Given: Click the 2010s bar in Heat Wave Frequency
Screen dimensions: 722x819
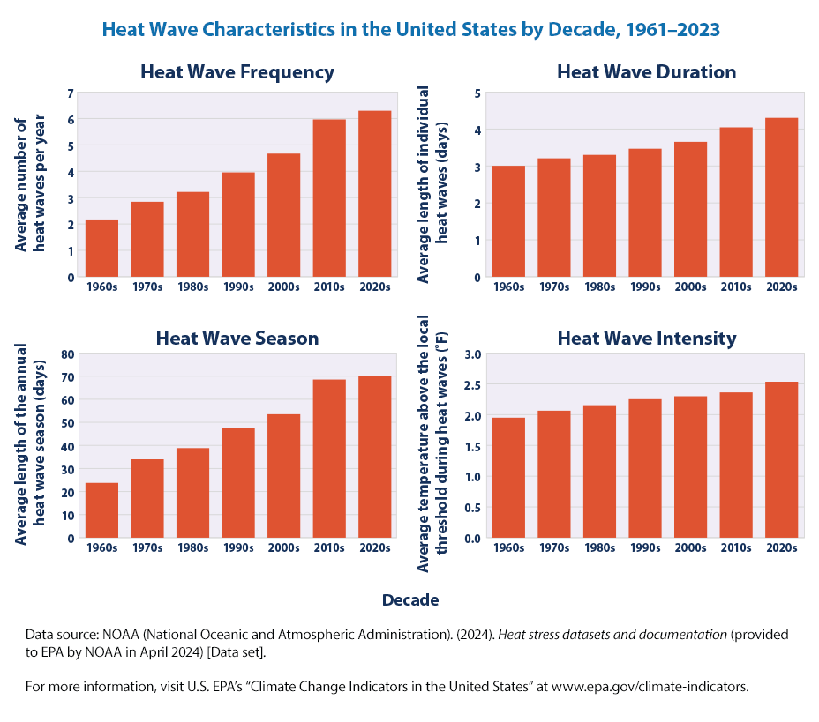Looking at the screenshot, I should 329,198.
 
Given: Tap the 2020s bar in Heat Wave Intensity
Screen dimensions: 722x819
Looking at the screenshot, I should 781,459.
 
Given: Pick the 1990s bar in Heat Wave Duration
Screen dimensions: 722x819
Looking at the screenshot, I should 645,212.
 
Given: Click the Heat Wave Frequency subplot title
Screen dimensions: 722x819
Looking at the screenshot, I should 237,72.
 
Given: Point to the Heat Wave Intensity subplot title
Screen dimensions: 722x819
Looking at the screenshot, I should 646,338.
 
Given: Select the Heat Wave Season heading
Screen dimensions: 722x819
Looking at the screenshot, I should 237,338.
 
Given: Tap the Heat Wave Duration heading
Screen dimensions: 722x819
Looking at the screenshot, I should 646,72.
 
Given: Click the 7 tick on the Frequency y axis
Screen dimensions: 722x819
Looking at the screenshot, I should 71,93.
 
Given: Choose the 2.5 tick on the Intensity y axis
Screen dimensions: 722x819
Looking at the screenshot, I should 474,385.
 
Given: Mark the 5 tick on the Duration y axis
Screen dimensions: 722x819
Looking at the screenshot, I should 477,93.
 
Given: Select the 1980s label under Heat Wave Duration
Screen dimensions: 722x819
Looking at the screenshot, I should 599,287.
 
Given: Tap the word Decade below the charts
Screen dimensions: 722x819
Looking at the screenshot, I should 409,600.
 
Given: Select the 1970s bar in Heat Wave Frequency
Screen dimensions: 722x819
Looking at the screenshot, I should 147,240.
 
